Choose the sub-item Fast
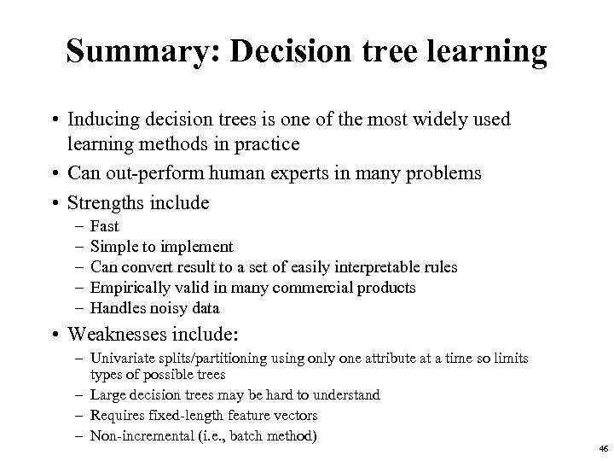click(104, 226)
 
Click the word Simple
click(113, 247)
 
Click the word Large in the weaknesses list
click(104, 395)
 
